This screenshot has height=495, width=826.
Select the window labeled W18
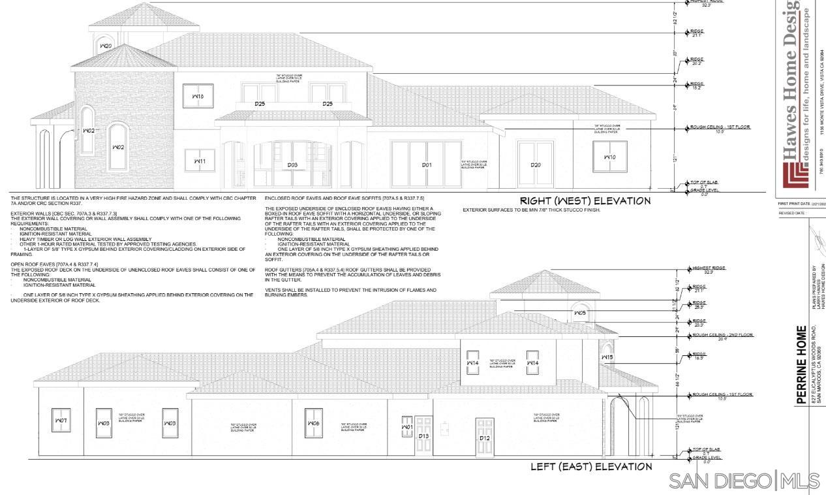tap(198, 95)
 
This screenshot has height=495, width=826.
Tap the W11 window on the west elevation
tap(199, 160)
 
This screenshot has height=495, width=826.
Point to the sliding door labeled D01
tap(426, 164)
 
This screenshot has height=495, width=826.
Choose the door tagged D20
tap(535, 164)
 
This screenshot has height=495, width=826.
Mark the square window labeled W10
tap(609, 157)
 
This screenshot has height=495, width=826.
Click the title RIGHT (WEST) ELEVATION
tap(585, 201)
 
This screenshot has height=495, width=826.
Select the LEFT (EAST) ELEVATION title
tap(591, 466)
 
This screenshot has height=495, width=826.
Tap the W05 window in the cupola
tap(580, 313)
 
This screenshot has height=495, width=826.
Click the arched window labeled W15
tap(607, 357)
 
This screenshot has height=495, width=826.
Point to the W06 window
tap(314, 423)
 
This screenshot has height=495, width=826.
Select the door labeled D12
tap(485, 438)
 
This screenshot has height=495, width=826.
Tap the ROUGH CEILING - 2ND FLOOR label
tap(722, 335)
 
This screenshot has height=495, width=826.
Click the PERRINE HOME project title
tap(802, 365)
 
